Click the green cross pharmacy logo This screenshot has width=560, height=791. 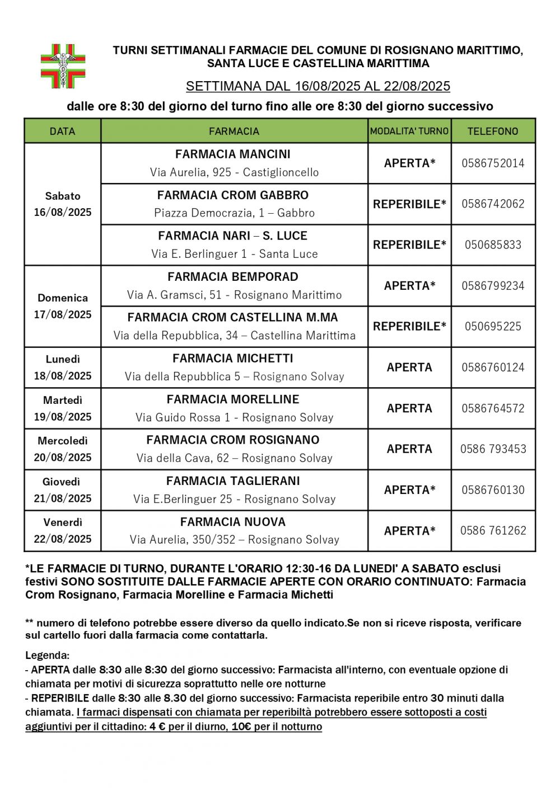(63, 66)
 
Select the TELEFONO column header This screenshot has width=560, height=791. (493, 131)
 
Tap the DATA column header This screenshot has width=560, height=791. (62, 131)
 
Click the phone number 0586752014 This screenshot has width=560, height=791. (493, 163)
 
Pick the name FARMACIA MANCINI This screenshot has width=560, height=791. (232, 154)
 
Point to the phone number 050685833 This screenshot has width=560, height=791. (493, 245)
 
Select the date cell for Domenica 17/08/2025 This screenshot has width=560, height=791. (63, 306)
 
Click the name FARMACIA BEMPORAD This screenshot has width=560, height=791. (232, 277)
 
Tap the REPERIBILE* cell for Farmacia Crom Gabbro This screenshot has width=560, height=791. (409, 204)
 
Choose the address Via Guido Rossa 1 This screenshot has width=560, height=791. (234, 418)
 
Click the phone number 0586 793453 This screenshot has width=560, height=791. (493, 449)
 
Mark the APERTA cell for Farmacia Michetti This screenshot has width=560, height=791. (409, 368)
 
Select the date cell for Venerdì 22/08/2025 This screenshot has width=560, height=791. (63, 530)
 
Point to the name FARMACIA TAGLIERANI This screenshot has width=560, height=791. (233, 481)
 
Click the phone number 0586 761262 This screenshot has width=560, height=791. (493, 531)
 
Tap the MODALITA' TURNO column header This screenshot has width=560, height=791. (409, 131)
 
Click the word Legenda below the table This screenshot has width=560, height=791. (47, 655)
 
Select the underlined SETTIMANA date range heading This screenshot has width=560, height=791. (318, 86)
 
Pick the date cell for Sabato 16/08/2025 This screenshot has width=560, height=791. (63, 204)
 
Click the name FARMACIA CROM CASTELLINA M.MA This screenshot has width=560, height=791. (232, 318)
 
